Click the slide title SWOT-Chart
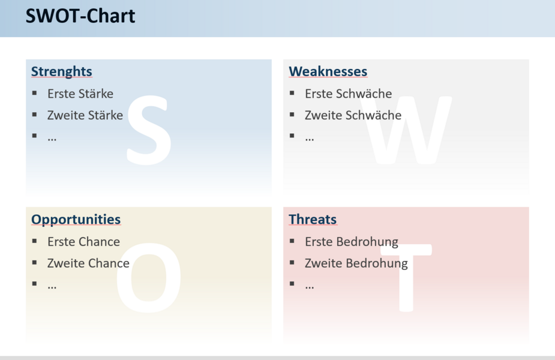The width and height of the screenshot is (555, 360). [x=80, y=16]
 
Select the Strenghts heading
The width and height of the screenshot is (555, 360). [x=62, y=71]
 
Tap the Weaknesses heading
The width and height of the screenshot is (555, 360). [x=328, y=71]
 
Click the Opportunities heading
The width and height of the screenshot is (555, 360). [x=76, y=220]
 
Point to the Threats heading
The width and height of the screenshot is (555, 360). [x=313, y=219]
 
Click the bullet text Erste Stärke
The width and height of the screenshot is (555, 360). [x=80, y=94]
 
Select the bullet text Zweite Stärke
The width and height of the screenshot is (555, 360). [x=85, y=115]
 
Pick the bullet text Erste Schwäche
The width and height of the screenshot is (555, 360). [x=348, y=94]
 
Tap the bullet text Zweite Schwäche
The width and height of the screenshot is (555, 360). [x=353, y=115]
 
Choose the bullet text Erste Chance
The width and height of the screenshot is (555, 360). [x=83, y=242]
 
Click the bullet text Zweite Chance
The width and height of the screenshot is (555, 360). [x=88, y=263]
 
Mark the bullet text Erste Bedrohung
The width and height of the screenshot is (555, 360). [x=352, y=242]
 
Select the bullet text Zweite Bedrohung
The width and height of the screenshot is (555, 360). [x=356, y=264]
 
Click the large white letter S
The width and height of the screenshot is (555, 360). [x=149, y=130]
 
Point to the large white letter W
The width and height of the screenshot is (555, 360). [x=406, y=130]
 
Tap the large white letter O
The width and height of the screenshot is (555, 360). [x=149, y=278]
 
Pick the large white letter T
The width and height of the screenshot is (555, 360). [x=406, y=278]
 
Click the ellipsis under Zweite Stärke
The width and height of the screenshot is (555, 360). [x=52, y=139]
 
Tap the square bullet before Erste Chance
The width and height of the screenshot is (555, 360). [x=34, y=241]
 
